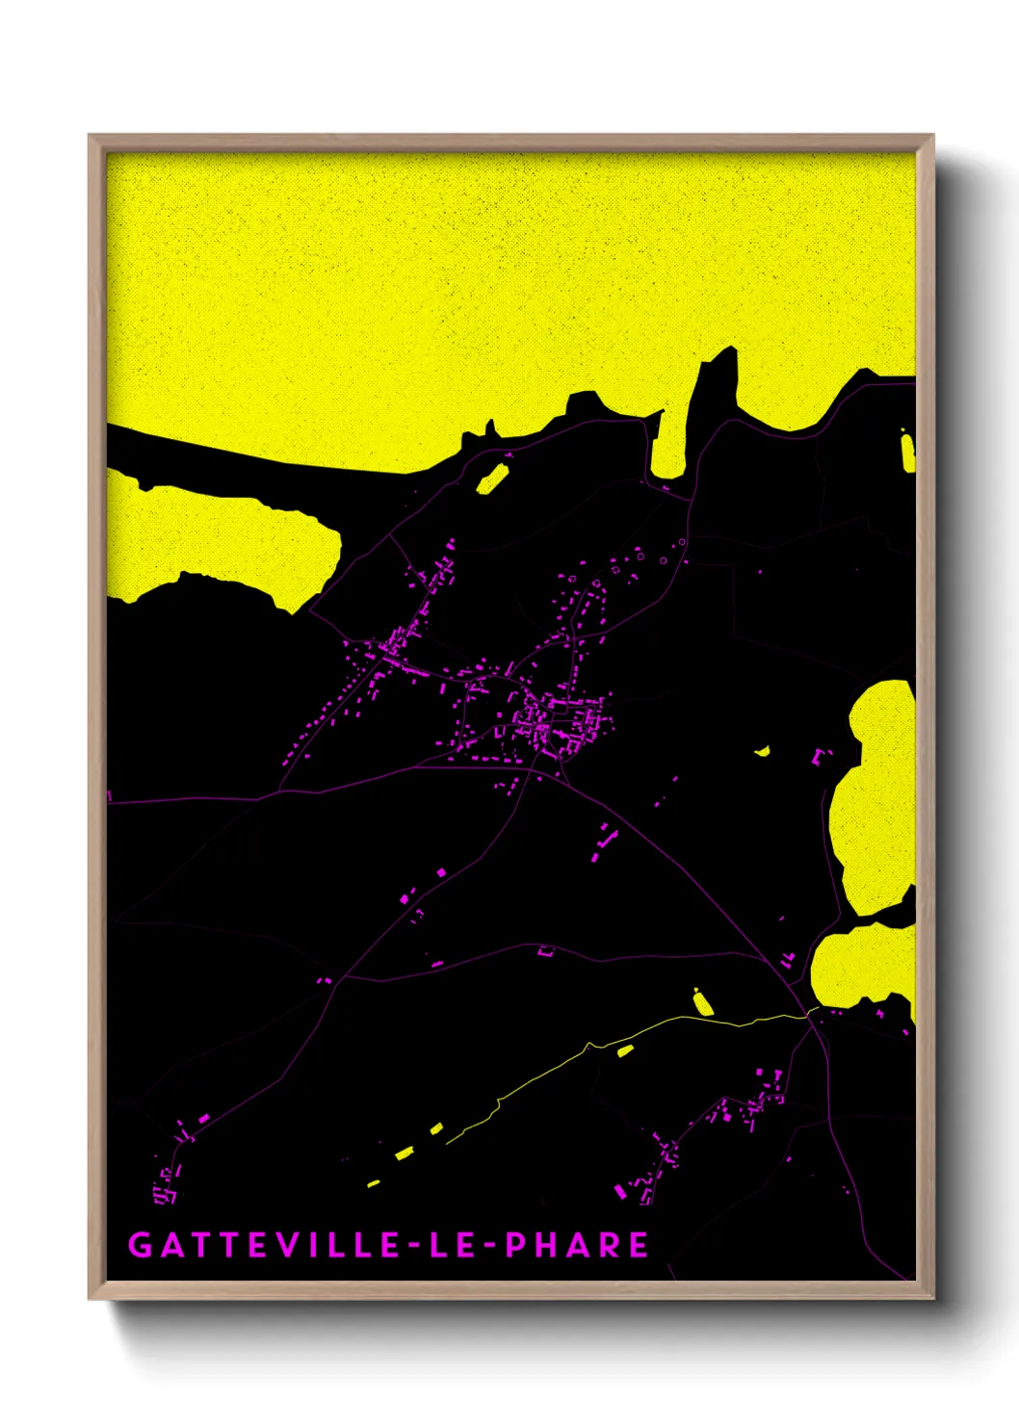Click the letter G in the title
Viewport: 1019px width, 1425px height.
[x=141, y=1245]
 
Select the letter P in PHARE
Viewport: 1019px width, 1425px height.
[x=516, y=1245]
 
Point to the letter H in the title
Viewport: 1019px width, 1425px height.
[x=547, y=1245]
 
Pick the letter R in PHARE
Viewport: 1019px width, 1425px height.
[x=609, y=1245]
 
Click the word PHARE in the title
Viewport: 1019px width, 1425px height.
[x=577, y=1245]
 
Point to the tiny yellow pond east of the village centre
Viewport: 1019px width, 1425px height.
[x=763, y=751]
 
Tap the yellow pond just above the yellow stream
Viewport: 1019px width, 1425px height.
[x=703, y=1002]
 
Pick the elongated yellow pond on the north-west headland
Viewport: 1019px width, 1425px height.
[x=492, y=479]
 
